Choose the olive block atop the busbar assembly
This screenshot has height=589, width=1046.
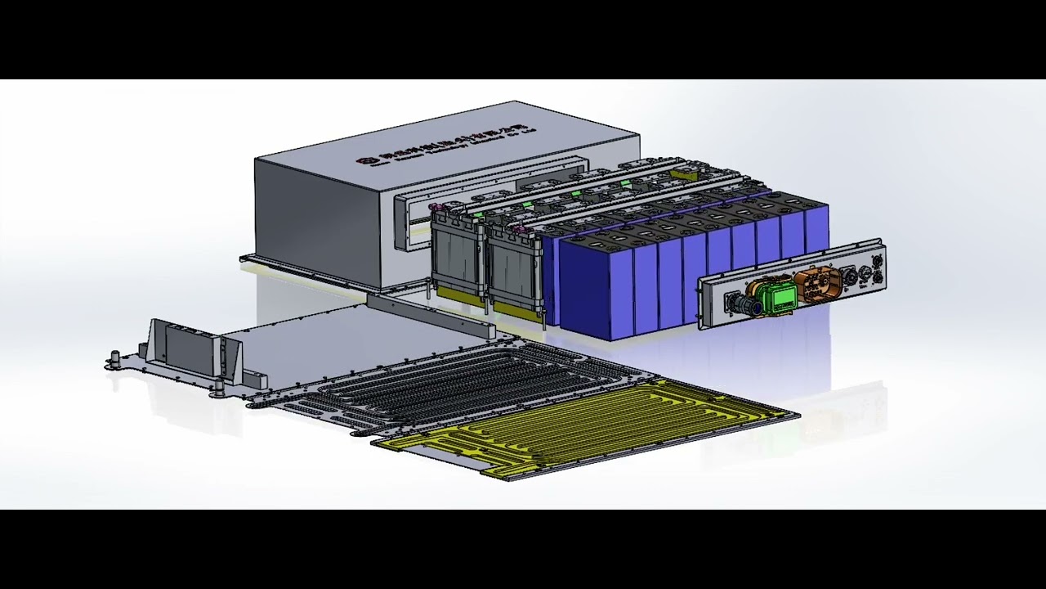pos(682,173)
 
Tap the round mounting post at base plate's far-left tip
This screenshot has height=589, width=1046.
pos(115,357)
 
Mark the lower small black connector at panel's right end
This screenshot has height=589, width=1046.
pos(878,278)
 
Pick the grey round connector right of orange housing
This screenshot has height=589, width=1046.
pos(850,279)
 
